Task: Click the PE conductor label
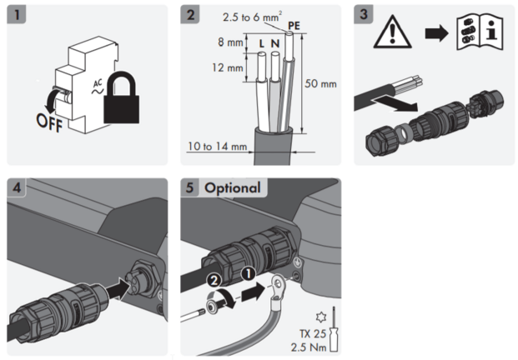coord(293,26)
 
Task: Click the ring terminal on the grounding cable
coord(274,290)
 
